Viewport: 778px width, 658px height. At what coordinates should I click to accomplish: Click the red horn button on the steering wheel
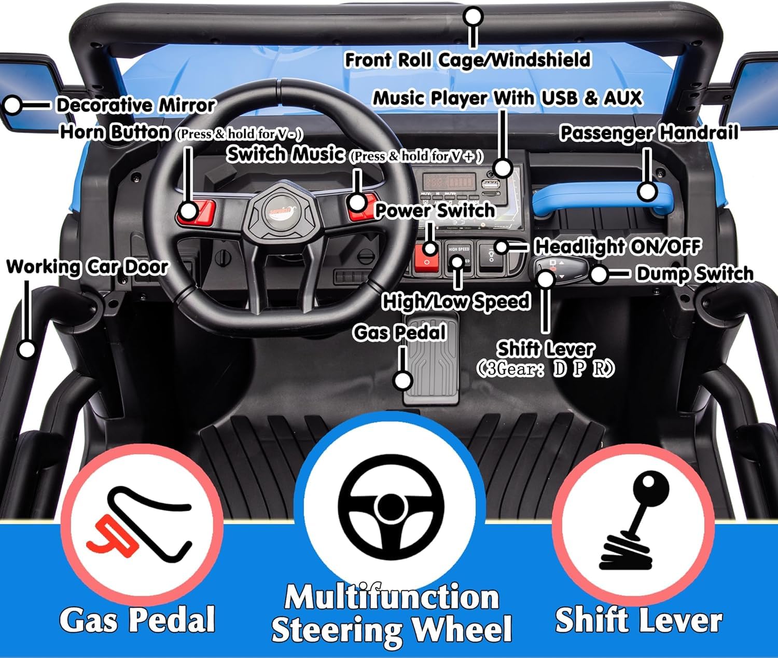point(197,212)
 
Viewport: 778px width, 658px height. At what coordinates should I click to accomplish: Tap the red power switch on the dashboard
point(427,257)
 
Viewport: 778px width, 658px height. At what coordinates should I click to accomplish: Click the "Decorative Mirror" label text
point(136,105)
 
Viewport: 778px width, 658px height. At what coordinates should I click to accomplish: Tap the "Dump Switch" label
point(695,274)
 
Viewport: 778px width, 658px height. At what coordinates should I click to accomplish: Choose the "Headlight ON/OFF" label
point(618,246)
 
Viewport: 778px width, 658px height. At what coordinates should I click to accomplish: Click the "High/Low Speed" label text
point(455,301)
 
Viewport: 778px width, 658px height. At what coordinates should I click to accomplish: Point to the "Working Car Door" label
point(87,267)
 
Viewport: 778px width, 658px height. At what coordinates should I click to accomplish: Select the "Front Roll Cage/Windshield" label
point(467,60)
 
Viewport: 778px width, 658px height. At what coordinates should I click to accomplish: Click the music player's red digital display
point(449,182)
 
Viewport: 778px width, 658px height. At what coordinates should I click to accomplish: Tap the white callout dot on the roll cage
point(473,17)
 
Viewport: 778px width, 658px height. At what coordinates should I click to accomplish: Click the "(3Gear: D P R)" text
point(546,369)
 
